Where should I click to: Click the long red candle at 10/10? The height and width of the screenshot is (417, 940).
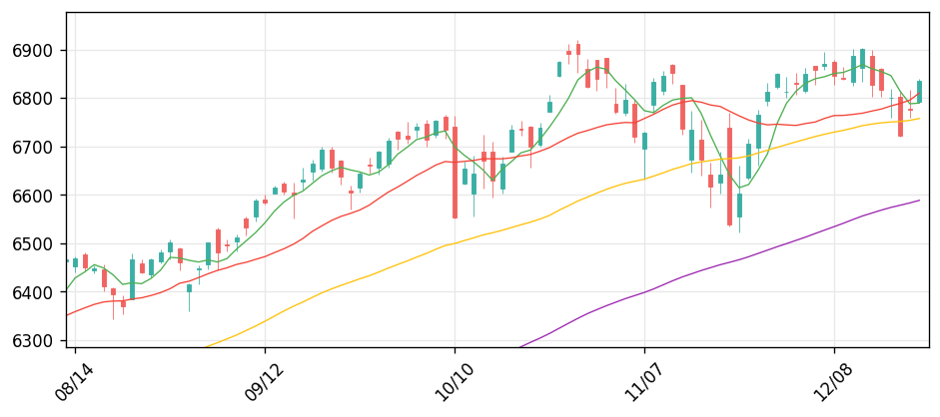pyautogui.click(x=455, y=172)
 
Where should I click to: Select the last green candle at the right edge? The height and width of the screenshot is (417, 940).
pyautogui.click(x=919, y=92)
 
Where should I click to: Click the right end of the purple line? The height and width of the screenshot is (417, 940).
pyautogui.click(x=919, y=201)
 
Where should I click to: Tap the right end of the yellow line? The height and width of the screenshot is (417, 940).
pyautogui.click(x=919, y=119)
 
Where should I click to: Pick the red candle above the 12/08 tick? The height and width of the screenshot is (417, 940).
pyautogui.click(x=834, y=70)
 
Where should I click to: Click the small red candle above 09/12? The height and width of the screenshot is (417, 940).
pyautogui.click(x=265, y=202)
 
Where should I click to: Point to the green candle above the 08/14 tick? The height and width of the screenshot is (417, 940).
pyautogui.click(x=75, y=262)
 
